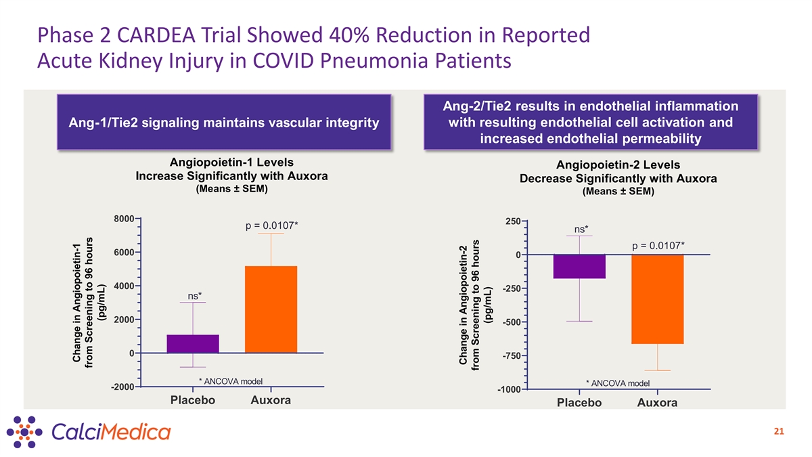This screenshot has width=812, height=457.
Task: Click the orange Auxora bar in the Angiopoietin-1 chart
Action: click(x=271, y=309)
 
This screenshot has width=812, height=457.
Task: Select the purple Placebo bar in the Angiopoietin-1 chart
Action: click(x=193, y=343)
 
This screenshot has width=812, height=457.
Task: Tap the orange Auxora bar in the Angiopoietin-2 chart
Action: click(x=657, y=299)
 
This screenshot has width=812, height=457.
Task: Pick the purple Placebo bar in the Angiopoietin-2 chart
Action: click(x=579, y=266)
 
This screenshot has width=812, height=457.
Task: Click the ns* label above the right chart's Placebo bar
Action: click(x=581, y=229)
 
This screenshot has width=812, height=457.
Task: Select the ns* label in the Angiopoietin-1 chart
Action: click(x=194, y=295)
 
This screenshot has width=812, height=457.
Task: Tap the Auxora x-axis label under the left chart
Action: click(x=271, y=401)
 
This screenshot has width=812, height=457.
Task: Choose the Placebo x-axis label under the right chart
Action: click(x=579, y=403)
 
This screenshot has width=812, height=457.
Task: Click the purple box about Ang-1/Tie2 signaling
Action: click(x=224, y=122)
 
